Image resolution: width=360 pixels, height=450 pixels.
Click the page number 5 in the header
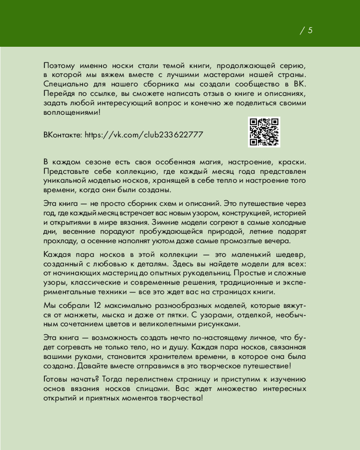[310, 31]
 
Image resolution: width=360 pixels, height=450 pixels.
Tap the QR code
[264, 132]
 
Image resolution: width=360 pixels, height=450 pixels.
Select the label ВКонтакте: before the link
[63, 135]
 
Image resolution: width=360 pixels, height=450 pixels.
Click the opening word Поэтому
[60, 66]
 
